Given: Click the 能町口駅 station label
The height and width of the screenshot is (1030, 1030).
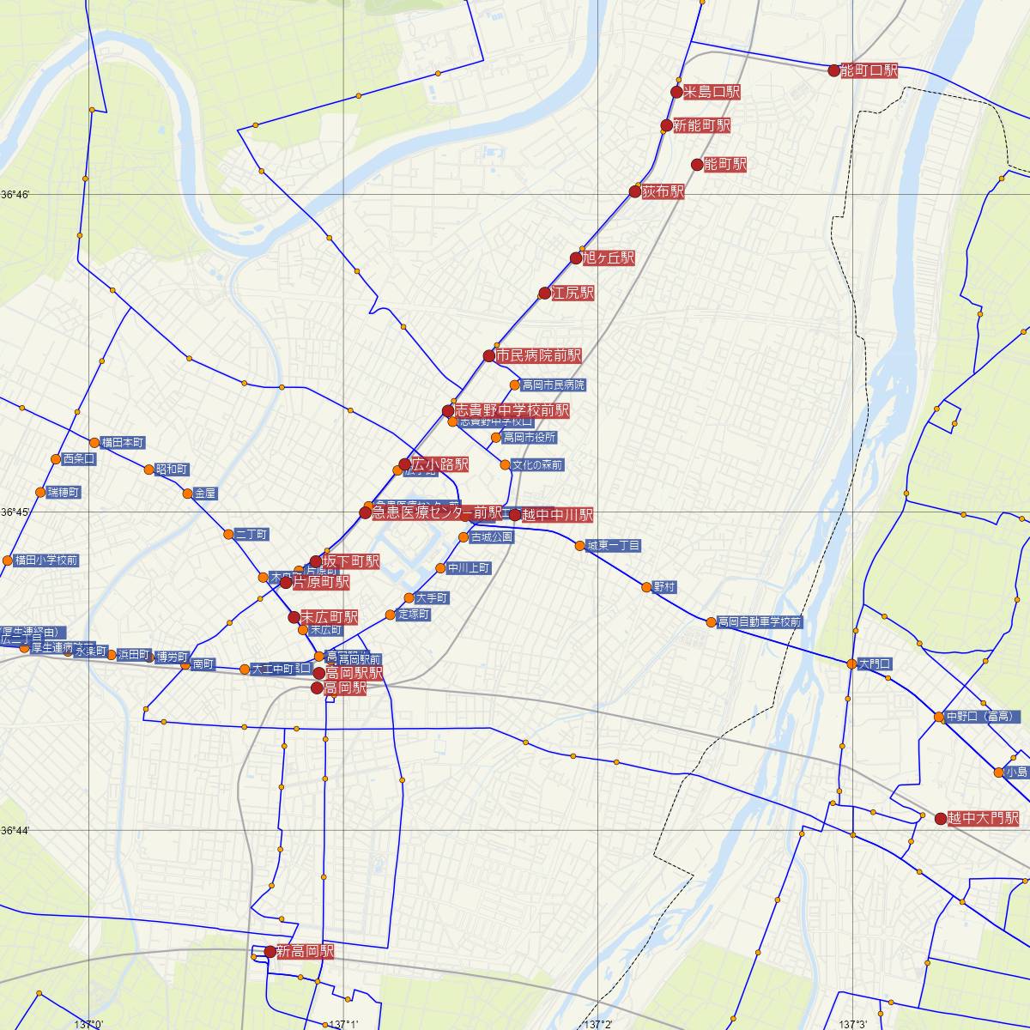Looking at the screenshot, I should click(x=869, y=70).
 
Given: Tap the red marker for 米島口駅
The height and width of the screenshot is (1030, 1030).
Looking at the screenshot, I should click(x=676, y=92).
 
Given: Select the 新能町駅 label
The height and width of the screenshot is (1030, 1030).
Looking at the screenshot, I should click(x=701, y=125).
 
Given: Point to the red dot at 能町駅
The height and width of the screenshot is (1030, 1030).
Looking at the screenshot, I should click(x=697, y=165).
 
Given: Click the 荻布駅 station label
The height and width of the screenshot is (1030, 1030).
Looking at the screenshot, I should click(x=663, y=191).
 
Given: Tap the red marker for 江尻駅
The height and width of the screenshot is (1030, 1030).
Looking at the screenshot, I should click(x=544, y=294).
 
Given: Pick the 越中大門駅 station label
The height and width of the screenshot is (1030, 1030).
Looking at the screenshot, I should click(x=983, y=818).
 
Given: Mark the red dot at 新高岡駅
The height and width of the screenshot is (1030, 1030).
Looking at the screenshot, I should click(x=270, y=951).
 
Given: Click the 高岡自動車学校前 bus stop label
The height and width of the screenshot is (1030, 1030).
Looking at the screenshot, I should click(x=760, y=622).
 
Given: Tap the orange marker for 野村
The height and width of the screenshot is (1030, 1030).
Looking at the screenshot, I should click(x=646, y=587).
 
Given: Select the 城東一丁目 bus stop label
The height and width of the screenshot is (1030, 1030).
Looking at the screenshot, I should click(x=613, y=546).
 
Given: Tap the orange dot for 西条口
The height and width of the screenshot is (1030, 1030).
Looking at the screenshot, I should click(x=57, y=459).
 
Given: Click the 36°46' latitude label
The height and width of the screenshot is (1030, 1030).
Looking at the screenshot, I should click(x=15, y=195).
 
